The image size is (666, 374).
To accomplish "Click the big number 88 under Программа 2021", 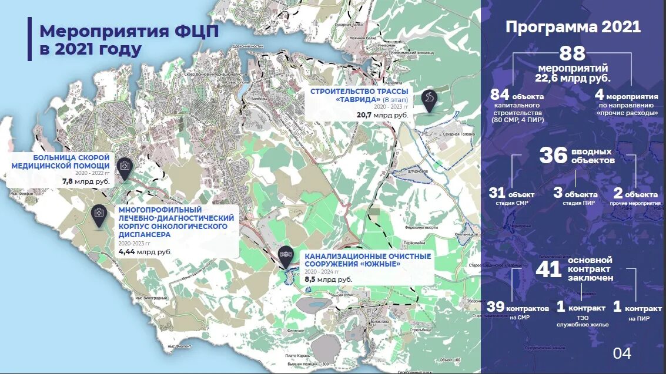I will point(572,54).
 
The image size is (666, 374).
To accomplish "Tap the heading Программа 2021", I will point(573,27).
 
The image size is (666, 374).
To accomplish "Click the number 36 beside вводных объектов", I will point(553,156).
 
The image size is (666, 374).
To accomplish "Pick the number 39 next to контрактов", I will point(496,307).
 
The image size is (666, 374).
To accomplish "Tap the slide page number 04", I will point(622,353).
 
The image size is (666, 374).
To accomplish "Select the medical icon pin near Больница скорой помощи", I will point(125,167).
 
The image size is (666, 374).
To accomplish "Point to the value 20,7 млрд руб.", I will point(382,116).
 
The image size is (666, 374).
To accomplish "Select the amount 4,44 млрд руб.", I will point(145,251).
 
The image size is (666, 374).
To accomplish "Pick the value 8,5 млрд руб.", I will point(328,279).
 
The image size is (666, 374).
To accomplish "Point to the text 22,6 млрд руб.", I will point(572,78).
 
